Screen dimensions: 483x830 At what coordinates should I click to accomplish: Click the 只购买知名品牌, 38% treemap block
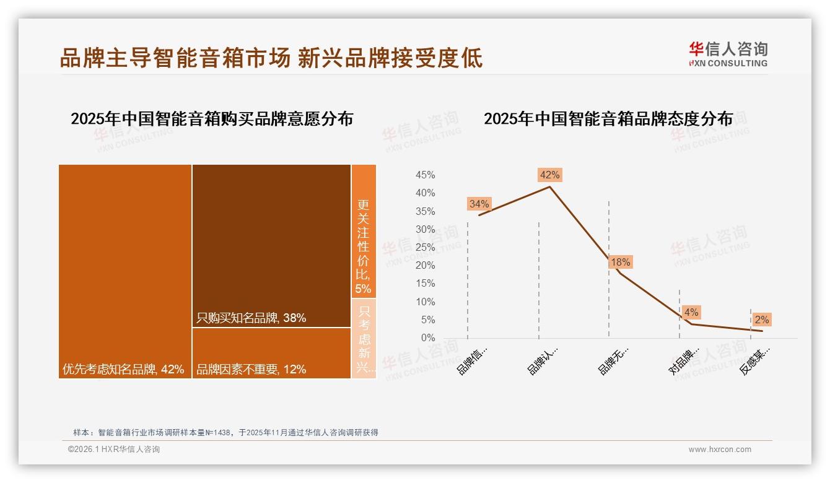tap(271, 246)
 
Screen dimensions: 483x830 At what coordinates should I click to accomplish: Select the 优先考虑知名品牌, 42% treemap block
tap(125, 271)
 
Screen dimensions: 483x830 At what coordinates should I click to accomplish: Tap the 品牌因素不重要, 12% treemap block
tap(271, 353)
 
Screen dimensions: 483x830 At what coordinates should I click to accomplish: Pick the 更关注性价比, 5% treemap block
tap(364, 231)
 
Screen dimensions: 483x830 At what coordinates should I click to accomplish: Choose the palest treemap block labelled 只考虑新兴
tap(364, 339)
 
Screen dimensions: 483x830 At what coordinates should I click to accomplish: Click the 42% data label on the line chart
tap(549, 175)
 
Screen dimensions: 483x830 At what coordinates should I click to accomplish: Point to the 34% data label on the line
tap(479, 204)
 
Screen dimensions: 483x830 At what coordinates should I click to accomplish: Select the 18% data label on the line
tap(620, 262)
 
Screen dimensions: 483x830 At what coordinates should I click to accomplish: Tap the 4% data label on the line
tap(691, 312)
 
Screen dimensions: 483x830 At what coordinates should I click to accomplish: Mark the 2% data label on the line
tap(761, 320)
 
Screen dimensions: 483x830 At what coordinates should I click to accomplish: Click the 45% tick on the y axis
tap(425, 175)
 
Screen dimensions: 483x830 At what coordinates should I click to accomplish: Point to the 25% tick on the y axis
tap(425, 248)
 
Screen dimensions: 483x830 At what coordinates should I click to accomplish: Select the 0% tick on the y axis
tap(428, 338)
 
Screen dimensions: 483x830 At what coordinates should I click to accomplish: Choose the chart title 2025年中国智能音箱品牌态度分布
tap(608, 119)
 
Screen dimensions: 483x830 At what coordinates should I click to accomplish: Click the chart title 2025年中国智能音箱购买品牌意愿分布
tap(212, 119)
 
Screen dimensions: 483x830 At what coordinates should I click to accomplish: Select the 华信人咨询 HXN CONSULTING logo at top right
tap(728, 54)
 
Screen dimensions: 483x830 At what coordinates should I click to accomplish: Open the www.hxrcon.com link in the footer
tap(720, 450)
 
